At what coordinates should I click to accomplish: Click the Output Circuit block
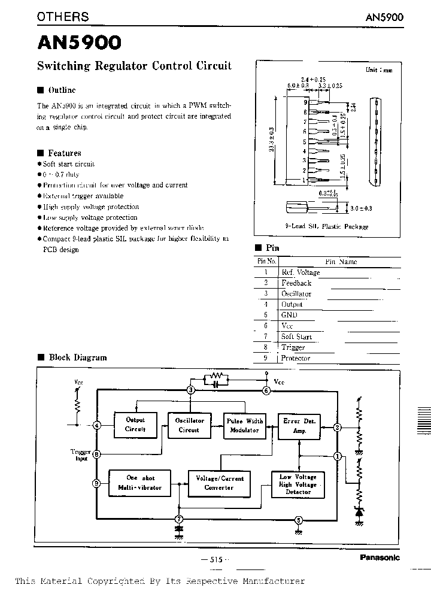coord(135,425)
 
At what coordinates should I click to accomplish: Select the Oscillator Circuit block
coord(189,425)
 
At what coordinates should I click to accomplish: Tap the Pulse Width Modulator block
coord(244,425)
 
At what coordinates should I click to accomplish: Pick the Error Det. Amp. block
coord(299,425)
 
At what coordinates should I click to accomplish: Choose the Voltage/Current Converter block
coord(216,483)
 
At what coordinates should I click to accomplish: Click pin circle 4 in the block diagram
coord(97,426)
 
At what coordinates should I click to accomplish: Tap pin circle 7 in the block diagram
coord(178,519)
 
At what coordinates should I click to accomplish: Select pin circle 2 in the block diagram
coord(338,428)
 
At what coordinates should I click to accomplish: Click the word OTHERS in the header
coord(63,17)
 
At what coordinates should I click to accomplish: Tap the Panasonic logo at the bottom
coord(380,557)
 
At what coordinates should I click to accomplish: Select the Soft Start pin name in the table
coord(296,337)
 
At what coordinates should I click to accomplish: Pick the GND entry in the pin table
coord(289,315)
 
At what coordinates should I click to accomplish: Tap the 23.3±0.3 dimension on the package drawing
coord(272,140)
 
